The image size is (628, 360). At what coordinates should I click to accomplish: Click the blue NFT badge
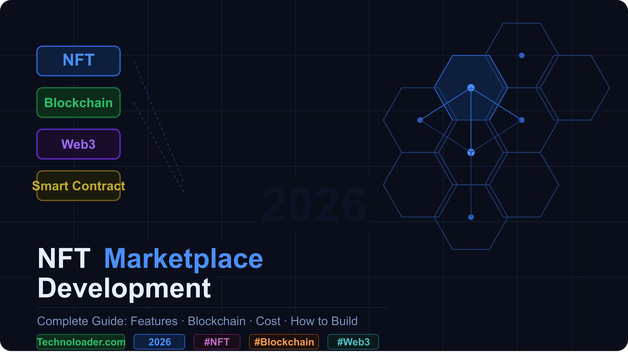coord(78,61)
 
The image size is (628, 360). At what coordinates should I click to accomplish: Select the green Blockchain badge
coord(78,103)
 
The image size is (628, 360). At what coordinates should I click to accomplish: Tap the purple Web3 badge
coord(78,144)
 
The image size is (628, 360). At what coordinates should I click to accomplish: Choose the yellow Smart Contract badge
coord(78,186)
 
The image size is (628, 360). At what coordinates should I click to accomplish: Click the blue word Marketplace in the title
coord(183,259)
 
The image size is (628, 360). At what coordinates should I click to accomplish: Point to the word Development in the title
coord(124,288)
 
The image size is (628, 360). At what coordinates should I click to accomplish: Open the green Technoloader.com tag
coord(81,342)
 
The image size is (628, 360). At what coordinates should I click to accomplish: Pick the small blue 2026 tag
coord(159,342)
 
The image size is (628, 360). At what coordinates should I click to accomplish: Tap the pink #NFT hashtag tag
coord(217,342)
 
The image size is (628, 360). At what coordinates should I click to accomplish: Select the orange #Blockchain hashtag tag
coord(284,342)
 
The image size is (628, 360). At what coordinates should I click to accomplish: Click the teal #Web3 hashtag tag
coord(353,342)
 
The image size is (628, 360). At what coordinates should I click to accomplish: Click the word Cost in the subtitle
coord(268,321)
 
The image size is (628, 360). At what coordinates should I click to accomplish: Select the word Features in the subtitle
coord(154,321)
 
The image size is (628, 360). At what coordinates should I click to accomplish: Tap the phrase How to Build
coord(324,321)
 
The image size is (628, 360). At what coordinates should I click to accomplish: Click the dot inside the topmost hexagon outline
coord(522,56)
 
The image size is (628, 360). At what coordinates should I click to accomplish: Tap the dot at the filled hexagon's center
coord(471,88)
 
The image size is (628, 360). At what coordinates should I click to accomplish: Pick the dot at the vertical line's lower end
coord(471,217)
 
